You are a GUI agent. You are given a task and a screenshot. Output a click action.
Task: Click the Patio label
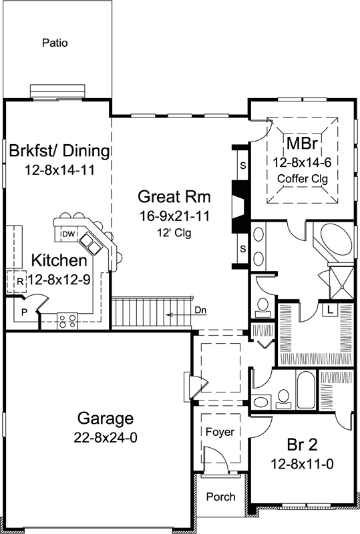tap(55, 43)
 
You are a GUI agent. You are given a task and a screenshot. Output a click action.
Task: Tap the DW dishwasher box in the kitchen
tap(67, 234)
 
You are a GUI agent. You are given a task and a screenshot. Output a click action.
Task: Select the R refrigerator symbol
tap(20, 281)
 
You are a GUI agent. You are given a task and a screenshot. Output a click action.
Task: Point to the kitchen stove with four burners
tap(67, 320)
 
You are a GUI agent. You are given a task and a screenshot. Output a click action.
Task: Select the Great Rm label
tap(174, 197)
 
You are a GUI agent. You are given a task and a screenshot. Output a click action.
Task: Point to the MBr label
tap(301, 144)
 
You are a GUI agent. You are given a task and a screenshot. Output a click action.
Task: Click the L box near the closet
tap(331, 308)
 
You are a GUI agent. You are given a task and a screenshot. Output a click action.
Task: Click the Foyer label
tap(219, 432)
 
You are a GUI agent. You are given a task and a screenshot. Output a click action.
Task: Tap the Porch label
tap(220, 497)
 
